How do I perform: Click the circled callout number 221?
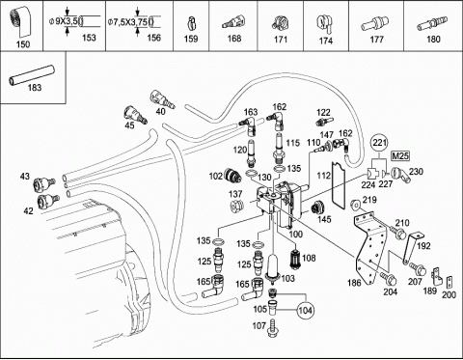click(x=380, y=143)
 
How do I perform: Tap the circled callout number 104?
click(x=305, y=310)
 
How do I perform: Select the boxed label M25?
click(x=400, y=156)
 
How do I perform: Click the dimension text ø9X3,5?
click(x=63, y=21)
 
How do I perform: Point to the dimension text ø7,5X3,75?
click(x=127, y=22)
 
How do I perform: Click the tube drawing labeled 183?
click(x=31, y=75)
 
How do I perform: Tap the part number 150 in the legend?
click(x=23, y=44)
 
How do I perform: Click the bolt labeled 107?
click(x=273, y=328)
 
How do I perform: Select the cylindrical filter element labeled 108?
click(x=294, y=258)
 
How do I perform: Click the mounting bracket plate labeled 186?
click(x=368, y=245)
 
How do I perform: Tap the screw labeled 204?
click(x=388, y=278)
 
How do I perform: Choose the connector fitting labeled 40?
click(x=162, y=99)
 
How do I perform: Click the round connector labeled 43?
click(x=43, y=184)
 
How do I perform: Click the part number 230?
click(x=416, y=172)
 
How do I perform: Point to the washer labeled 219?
click(x=355, y=205)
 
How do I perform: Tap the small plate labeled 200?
click(x=449, y=282)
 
